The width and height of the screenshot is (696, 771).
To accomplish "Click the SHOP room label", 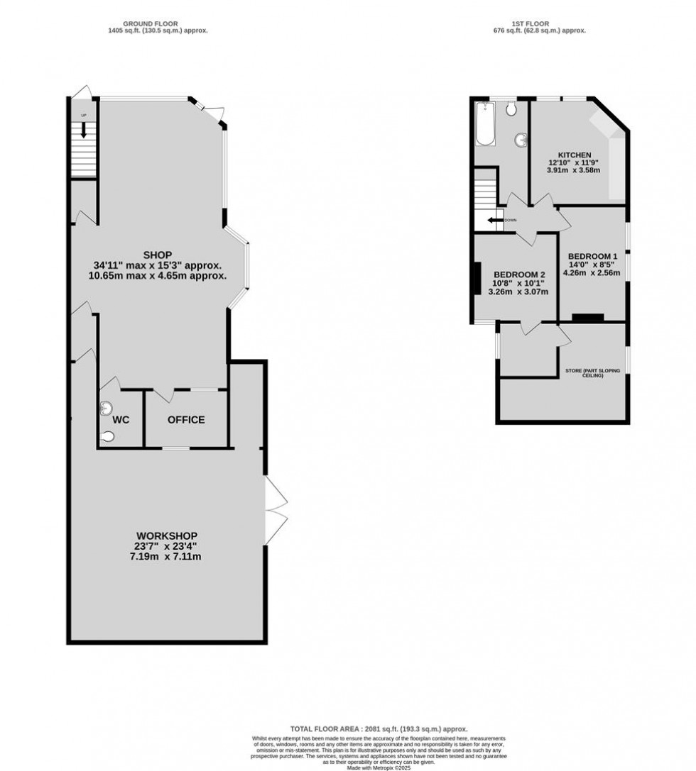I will coord(158,255).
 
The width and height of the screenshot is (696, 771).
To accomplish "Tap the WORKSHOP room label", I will coord(167,536).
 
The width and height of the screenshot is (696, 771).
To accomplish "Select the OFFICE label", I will coord(186,420).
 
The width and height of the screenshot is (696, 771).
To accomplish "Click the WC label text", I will coord(121,420).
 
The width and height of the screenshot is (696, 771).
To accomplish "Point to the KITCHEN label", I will coord(574,155).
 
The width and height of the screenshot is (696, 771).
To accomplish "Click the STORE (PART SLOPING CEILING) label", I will coord(594,372).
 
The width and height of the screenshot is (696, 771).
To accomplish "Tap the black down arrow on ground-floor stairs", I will coord(84,130).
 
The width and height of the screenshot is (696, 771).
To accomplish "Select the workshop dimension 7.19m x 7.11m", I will coord(167,557).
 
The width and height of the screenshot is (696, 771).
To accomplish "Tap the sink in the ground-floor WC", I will coord(107,407).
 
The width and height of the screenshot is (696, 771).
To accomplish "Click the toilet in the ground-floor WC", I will coord(107,437).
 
